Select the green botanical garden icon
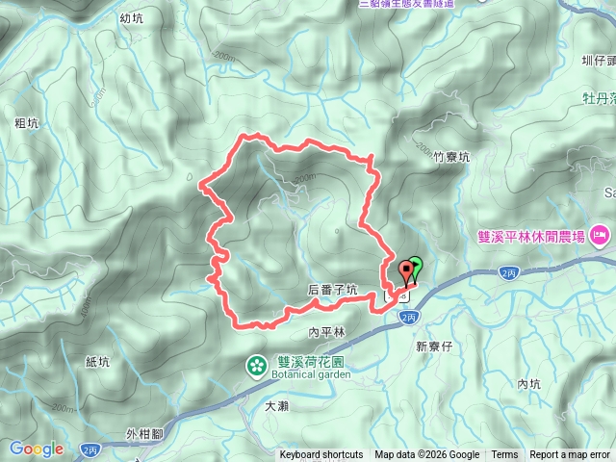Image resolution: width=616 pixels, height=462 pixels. tap(257, 365)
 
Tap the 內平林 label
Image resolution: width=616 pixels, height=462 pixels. tap(326, 332)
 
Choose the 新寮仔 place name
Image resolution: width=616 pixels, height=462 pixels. tap(434, 346)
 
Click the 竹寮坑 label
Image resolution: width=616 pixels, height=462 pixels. tap(451, 157)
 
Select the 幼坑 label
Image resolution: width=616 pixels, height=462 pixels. tap(132, 18)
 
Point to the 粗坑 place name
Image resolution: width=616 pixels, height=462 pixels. tap(27, 123)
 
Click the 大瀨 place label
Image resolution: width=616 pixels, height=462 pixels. tap(276, 406)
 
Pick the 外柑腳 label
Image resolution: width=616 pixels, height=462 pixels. tap(144, 435)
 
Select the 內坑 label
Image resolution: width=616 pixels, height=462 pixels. tap(529, 384)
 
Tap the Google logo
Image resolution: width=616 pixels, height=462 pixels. tap(37, 449)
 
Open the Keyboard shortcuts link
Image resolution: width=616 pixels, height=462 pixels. tap(321, 455)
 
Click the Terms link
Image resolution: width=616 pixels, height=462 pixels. tap(504, 455)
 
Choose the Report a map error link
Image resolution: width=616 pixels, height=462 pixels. tap(570, 455)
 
